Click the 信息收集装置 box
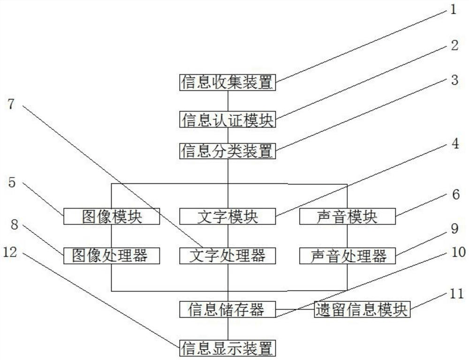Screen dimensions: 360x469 227,82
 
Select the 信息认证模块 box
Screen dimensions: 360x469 227,119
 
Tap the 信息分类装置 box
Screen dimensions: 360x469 227,151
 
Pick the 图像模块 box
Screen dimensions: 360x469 112,216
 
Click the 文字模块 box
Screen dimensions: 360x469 227,216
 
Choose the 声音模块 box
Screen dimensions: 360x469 347,216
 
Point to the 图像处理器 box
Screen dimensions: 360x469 112,255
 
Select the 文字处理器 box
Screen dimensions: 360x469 227,255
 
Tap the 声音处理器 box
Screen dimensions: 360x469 347,255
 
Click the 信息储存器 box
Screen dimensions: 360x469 227,309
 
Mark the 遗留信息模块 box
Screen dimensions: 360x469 362,309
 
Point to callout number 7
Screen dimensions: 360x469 12,104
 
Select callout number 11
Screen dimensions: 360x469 454,294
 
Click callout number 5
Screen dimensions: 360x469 12,182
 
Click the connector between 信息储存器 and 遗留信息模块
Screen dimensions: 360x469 295,309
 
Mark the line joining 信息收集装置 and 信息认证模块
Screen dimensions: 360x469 227,100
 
